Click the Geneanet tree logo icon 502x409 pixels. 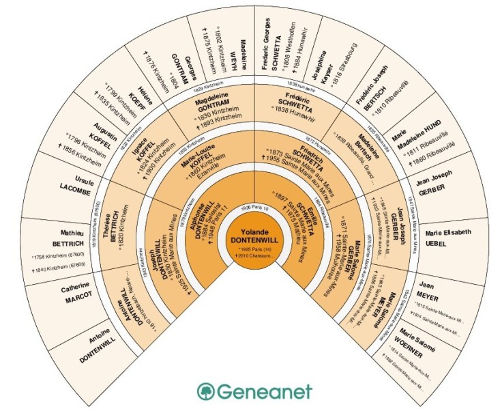tap(205, 391)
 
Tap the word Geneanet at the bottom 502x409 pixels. tap(264, 391)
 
